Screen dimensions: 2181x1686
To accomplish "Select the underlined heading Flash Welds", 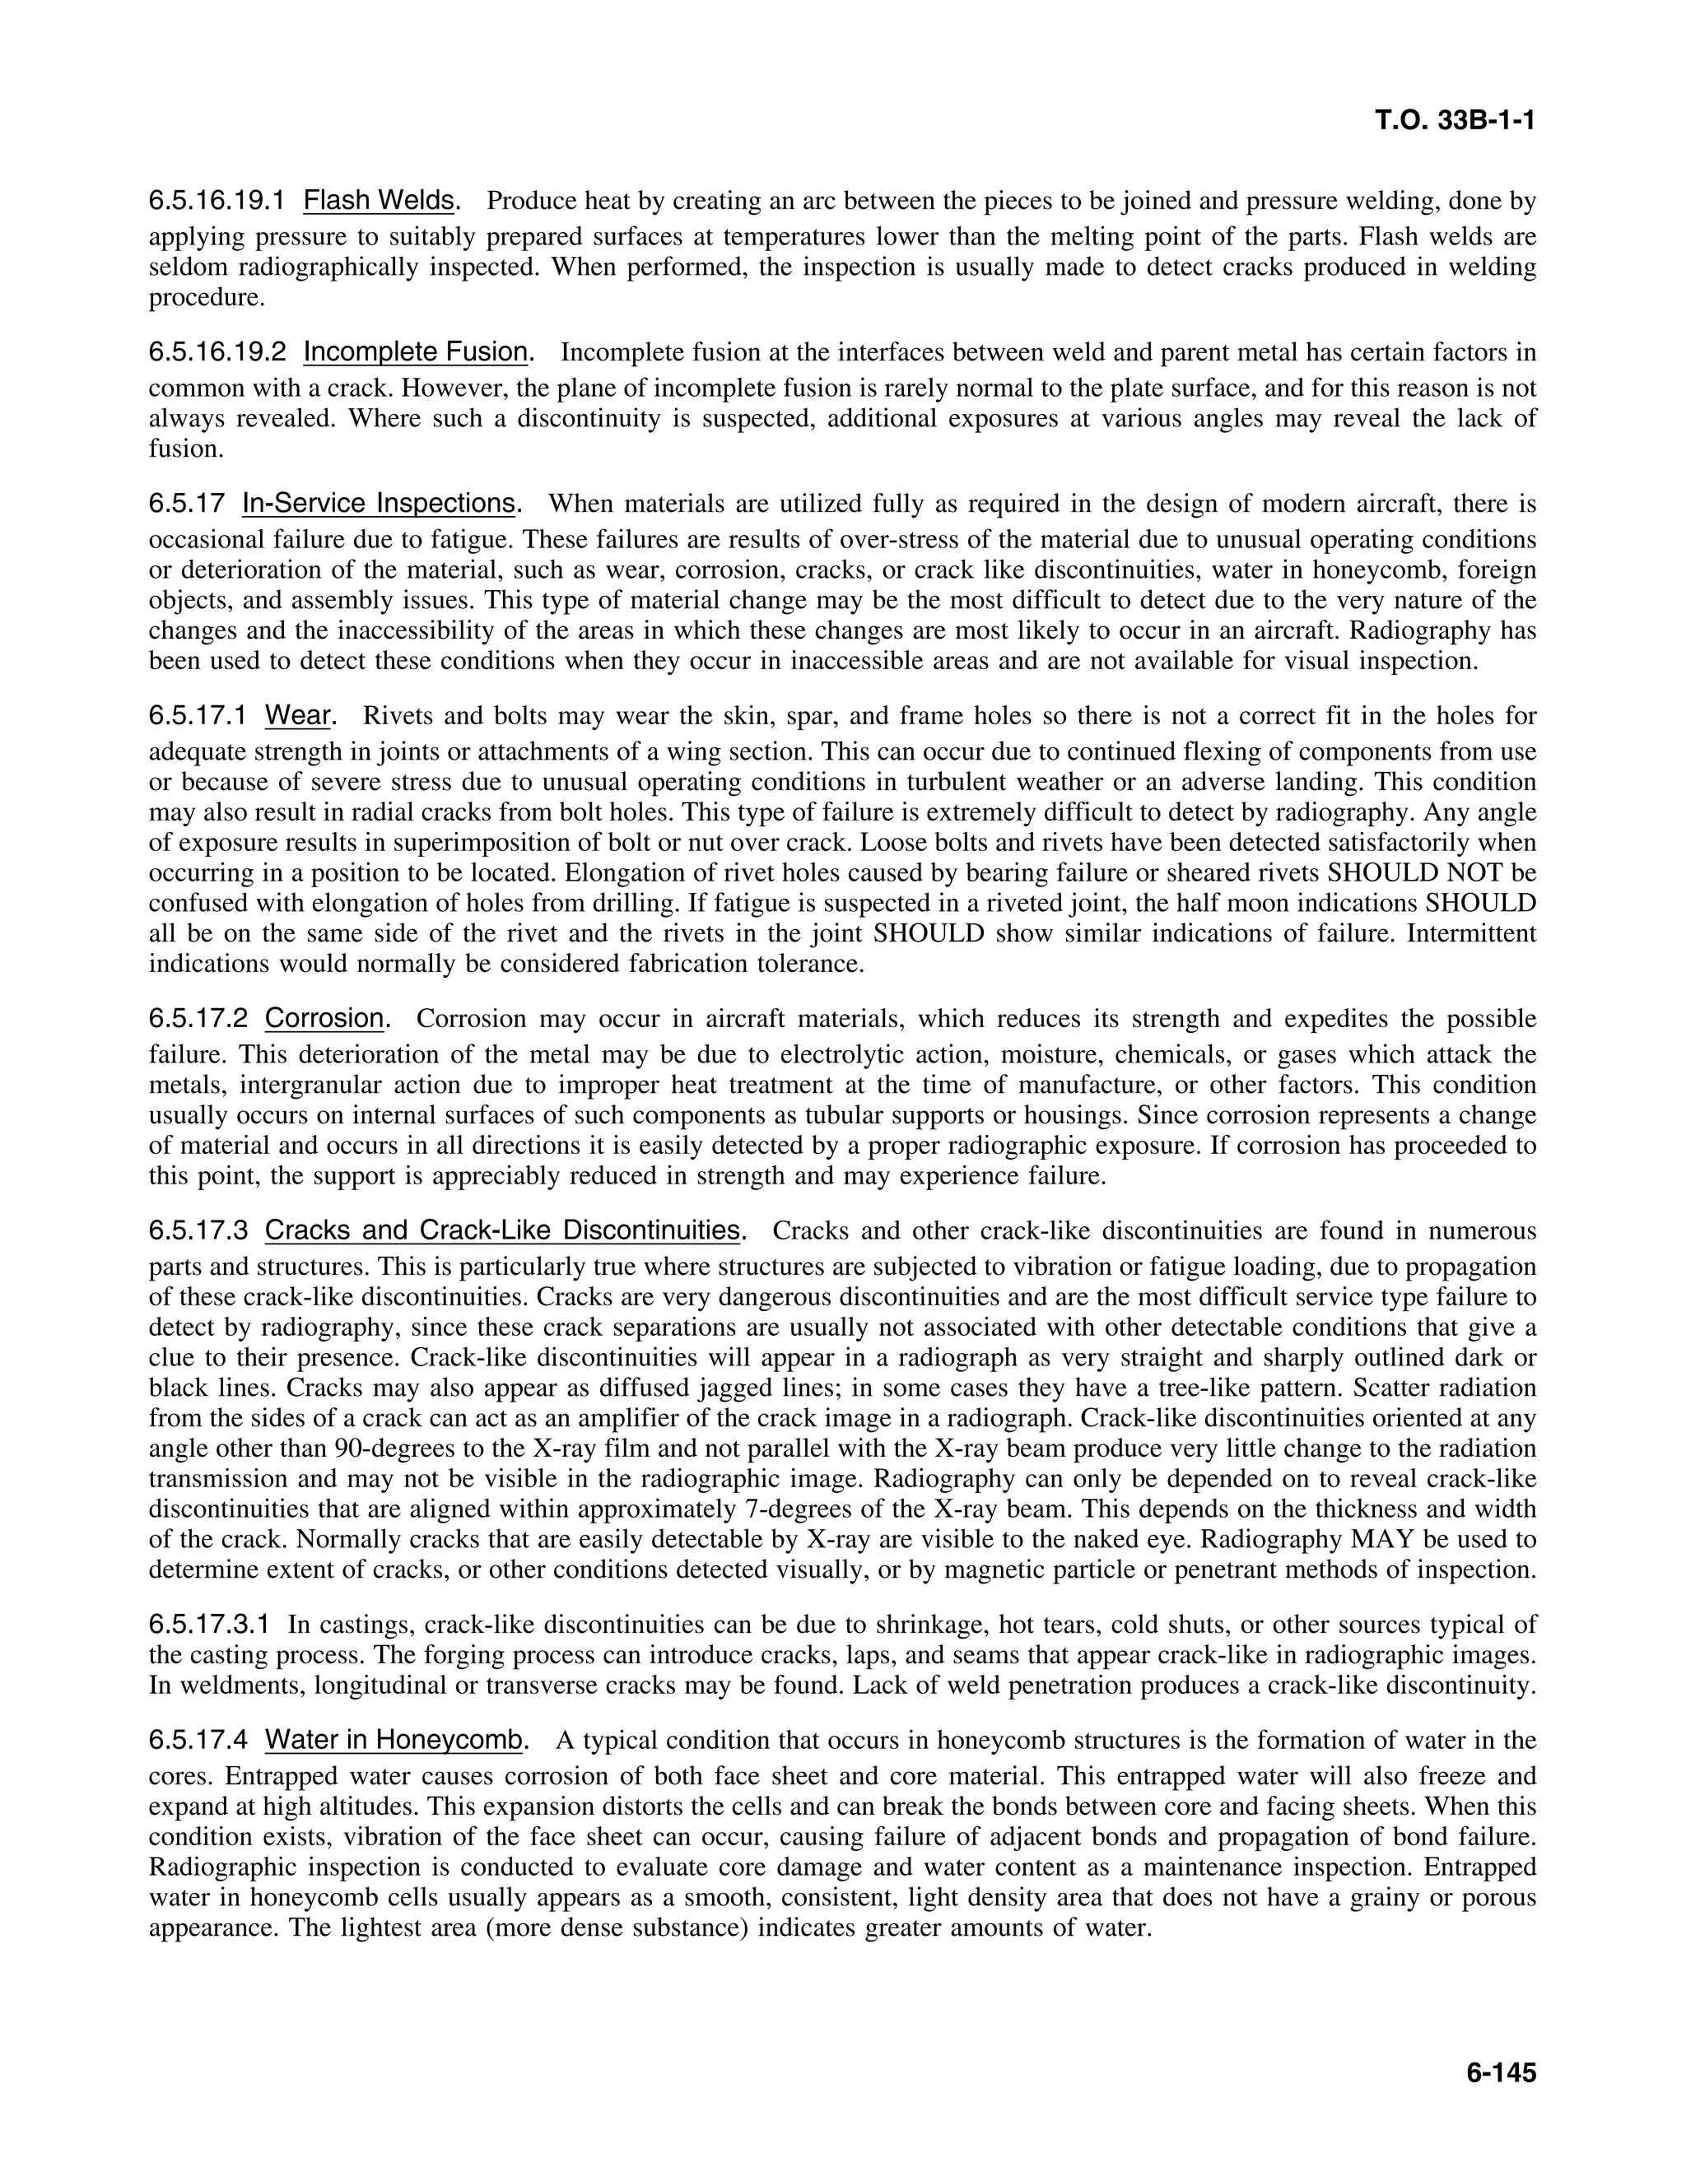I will click(379, 201).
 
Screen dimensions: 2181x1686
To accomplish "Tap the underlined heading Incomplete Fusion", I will click(416, 351).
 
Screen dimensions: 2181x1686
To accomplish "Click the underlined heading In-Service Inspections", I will click(378, 504).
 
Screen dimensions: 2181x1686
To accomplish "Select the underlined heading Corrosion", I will click(324, 1019).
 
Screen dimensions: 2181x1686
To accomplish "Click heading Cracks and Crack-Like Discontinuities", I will click(503, 1230).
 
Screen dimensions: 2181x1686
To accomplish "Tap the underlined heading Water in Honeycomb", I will click(394, 1741).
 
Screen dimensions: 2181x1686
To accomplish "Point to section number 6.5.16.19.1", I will click(217, 201).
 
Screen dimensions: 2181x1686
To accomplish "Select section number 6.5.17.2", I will click(198, 1019).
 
